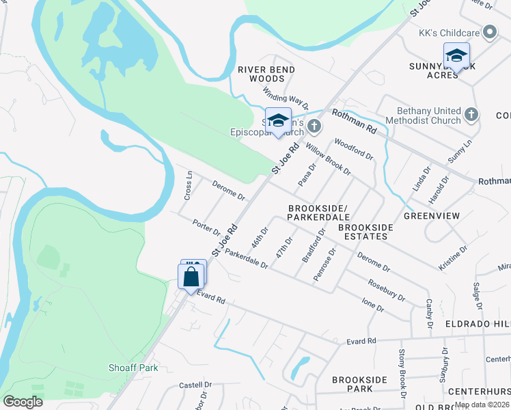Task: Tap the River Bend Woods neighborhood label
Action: (266, 74)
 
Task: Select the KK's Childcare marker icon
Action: (489, 32)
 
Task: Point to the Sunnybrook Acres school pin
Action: (456, 56)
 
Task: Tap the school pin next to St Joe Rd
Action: (278, 121)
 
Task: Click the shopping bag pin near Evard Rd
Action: (191, 277)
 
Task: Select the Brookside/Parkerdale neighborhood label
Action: (318, 212)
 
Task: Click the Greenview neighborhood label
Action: (432, 215)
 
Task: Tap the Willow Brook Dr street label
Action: (328, 159)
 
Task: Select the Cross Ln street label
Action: (188, 185)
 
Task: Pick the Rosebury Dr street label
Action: (387, 290)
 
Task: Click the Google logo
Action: (23, 402)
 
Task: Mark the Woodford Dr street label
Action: (353, 150)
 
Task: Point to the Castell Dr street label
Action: (195, 385)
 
